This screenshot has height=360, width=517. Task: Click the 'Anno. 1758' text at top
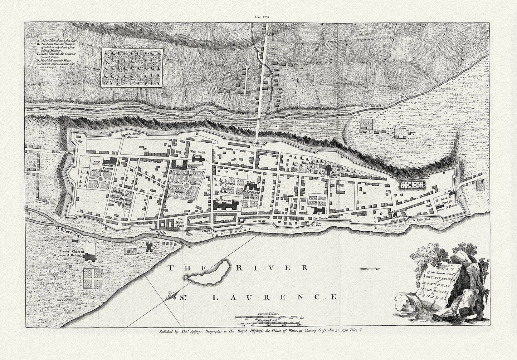coord(259,6)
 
